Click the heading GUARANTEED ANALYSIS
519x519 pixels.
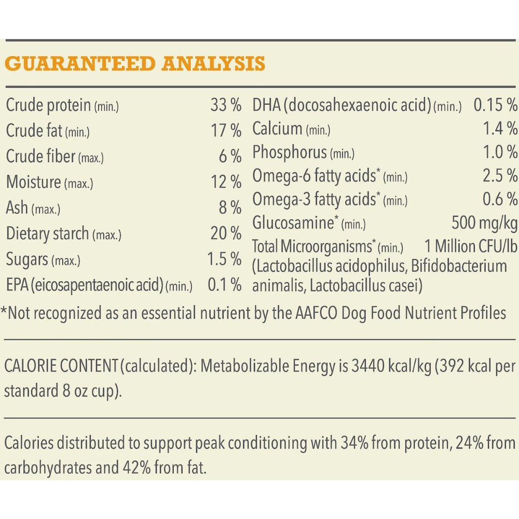[134, 64]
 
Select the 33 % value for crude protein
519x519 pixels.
[226, 105]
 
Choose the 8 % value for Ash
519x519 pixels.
[230, 208]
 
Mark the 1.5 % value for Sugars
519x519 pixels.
[224, 259]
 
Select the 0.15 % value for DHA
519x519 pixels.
[495, 105]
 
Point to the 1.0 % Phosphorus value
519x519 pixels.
[500, 153]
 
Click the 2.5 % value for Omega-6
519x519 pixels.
[500, 176]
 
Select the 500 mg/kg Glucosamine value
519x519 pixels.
[485, 223]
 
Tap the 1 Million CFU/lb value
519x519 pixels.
[471, 247]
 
